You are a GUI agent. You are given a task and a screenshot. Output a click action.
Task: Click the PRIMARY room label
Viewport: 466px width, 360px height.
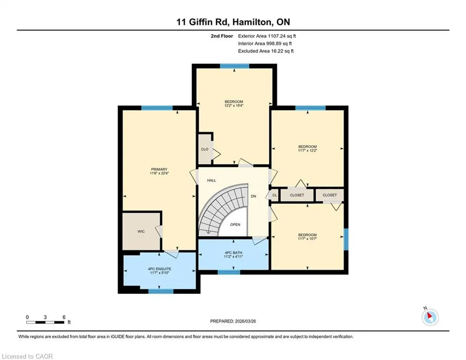tap(159, 169)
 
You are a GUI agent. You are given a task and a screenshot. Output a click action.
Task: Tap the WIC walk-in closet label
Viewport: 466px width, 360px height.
tap(141, 232)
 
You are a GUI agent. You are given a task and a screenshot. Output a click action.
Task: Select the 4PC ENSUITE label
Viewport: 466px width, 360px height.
tap(160, 269)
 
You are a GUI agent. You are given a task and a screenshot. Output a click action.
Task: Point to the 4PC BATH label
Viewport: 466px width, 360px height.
tap(234, 253)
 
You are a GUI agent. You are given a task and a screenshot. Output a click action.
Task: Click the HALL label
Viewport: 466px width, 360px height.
tap(212, 180)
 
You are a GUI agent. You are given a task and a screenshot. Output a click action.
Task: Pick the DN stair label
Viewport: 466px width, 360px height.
tap(253, 196)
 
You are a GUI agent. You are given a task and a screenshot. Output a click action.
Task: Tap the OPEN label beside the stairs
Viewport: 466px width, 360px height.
tap(235, 225)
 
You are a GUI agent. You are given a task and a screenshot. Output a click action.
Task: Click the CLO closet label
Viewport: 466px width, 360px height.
tap(205, 150)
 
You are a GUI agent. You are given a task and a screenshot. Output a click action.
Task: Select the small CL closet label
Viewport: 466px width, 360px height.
tap(274, 195)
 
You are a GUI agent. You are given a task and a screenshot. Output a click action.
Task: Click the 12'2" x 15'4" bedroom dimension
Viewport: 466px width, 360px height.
tap(234, 105)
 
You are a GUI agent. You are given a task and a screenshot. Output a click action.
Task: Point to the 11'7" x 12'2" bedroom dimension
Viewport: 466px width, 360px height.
tap(308, 150)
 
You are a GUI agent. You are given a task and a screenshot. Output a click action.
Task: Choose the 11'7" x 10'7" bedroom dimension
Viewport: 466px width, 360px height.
tap(308, 239)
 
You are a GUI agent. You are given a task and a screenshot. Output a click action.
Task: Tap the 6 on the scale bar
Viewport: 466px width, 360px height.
tap(64, 317)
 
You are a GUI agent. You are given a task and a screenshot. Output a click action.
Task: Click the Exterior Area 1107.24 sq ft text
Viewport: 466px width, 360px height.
tap(267, 36)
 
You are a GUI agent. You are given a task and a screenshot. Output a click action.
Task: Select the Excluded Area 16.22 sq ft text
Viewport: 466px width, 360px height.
tap(266, 51)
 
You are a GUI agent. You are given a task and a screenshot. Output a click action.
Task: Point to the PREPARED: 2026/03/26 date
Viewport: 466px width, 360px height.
tap(233, 321)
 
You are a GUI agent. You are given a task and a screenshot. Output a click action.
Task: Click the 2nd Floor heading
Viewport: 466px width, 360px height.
tap(222, 36)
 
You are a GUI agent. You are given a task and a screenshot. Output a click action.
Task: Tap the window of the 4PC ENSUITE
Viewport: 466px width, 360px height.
tap(161, 291)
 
